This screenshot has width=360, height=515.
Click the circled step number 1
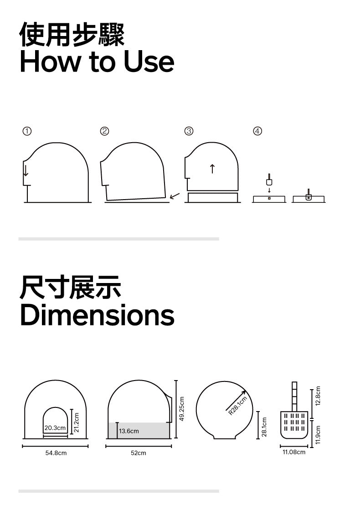pos(27,131)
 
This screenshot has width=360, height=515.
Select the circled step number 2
pos(104,131)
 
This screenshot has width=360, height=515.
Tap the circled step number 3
pos(189,131)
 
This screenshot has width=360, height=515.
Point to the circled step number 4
pos(257,131)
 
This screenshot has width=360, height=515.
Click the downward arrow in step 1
pos(26,170)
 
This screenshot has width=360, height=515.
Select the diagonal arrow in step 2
pos(175,196)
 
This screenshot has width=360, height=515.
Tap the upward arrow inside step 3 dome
pos(212,169)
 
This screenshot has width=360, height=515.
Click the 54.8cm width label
pos(56,453)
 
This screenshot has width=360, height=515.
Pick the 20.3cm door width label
pos(55,427)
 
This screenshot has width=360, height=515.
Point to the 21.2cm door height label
pos(77,422)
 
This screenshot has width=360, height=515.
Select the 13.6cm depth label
pos(129,431)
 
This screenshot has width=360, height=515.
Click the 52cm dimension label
pos(138,453)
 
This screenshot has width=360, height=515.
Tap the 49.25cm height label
pos(182,409)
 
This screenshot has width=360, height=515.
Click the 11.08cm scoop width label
pos(294,452)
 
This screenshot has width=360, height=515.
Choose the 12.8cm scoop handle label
pos(318,396)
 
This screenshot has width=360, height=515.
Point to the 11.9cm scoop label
pos(318,435)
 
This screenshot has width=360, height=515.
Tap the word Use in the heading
pos(149,62)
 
